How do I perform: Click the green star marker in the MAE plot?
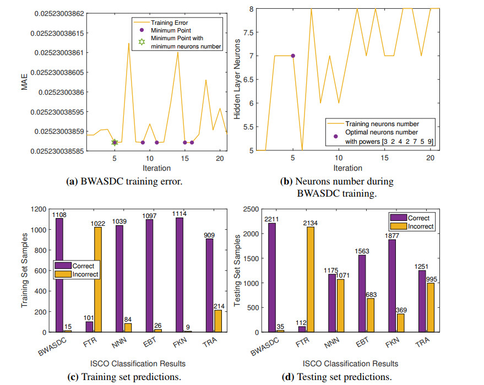pyautogui.click(x=115, y=142)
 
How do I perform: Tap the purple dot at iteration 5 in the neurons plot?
pyautogui.click(x=293, y=56)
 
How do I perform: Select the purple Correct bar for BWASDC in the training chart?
pyautogui.click(x=59, y=275)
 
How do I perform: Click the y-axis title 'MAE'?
pyautogui.click(x=24, y=82)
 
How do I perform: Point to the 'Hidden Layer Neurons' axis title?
pyautogui.click(x=237, y=79)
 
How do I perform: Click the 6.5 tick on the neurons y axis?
pyautogui.click(x=248, y=79)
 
